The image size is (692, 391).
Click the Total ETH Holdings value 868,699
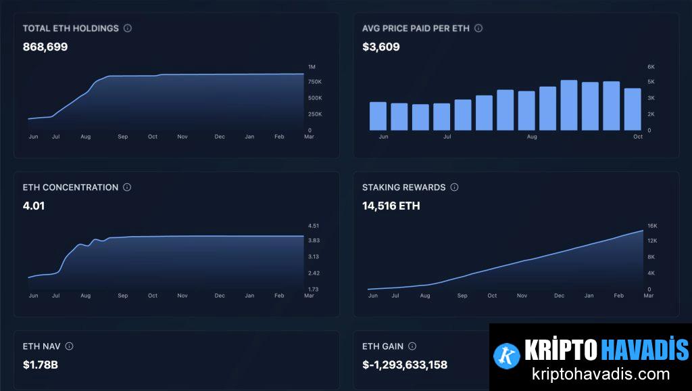pyautogui.click(x=45, y=47)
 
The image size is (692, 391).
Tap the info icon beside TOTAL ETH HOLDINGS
pyautogui.click(x=128, y=28)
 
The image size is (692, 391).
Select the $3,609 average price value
pyautogui.click(x=381, y=47)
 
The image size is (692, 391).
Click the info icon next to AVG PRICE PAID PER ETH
pyautogui.click(x=478, y=28)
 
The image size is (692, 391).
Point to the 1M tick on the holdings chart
pyautogui.click(x=312, y=67)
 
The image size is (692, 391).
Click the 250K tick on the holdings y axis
pyautogui.click(x=315, y=114)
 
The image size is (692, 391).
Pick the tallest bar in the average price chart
pyautogui.click(x=569, y=106)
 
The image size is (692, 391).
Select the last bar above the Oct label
pyautogui.click(x=633, y=110)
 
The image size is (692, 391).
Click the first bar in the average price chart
pyautogui.click(x=378, y=116)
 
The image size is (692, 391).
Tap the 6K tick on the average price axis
pyautogui.click(x=651, y=67)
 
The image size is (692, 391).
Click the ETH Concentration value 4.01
pyautogui.click(x=34, y=206)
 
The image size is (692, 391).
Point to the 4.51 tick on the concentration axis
pyautogui.click(x=314, y=226)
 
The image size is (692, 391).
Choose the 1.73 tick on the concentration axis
pyautogui.click(x=314, y=290)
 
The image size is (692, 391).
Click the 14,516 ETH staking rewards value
pyautogui.click(x=391, y=206)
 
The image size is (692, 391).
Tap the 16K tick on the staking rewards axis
pyautogui.click(x=652, y=226)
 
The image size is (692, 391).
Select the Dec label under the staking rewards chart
pyautogui.click(x=559, y=296)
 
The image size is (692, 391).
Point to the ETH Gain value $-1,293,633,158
pyautogui.click(x=405, y=365)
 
